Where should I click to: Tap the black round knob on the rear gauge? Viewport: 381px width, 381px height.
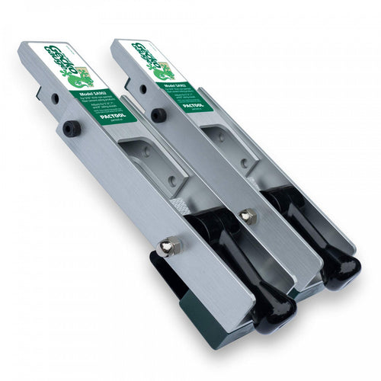click(158, 115)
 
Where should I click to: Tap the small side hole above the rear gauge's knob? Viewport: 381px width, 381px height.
click(142, 88)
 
